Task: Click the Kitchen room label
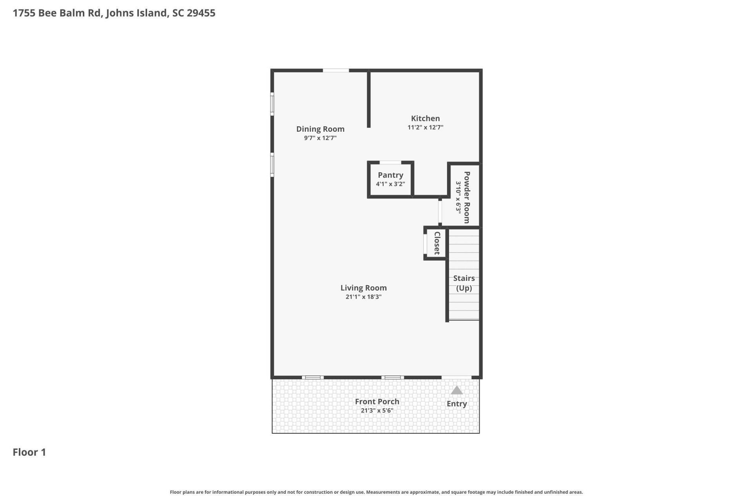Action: [x=425, y=118]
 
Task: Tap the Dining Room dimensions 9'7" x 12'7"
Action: [x=320, y=138]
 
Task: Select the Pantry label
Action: [x=390, y=175]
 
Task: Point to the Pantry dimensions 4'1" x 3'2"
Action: [x=390, y=184]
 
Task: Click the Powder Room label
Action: [x=467, y=197]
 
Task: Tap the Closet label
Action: [x=437, y=243]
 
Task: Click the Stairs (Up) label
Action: [x=464, y=283]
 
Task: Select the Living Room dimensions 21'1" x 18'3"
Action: [x=363, y=297]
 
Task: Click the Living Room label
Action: [x=363, y=287]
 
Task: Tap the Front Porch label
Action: [x=377, y=401]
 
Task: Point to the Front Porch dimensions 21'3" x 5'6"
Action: [x=377, y=411]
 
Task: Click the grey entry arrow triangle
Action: [x=457, y=391]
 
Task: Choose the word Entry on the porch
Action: [x=457, y=404]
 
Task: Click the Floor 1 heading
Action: [x=29, y=452]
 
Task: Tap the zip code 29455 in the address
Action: [x=201, y=13]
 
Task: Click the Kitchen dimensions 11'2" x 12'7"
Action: [x=425, y=127]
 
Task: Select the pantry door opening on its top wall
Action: [x=390, y=162]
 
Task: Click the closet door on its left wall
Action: [x=425, y=244]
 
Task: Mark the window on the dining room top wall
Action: [x=336, y=71]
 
